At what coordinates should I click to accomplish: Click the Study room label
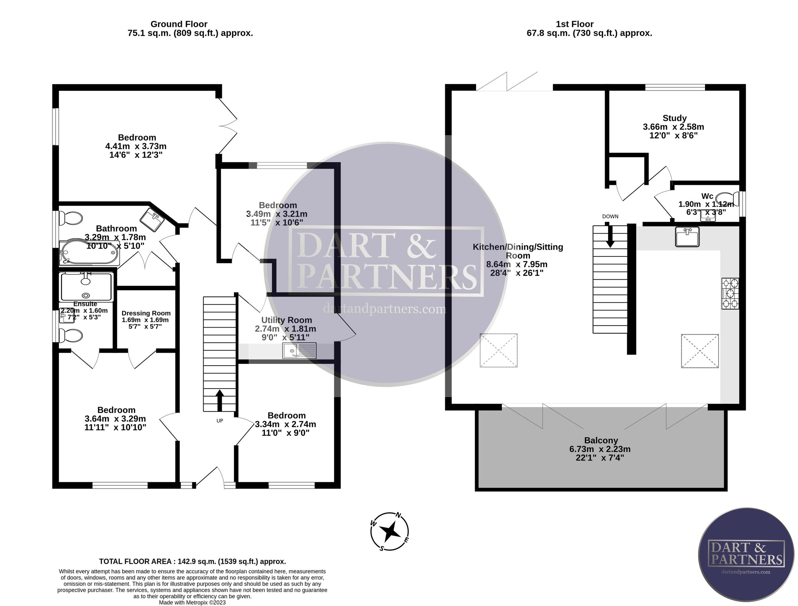674,118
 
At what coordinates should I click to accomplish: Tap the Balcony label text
601,440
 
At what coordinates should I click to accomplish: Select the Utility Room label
287,320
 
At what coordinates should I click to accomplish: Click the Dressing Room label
146,313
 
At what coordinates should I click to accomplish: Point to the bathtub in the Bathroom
90,252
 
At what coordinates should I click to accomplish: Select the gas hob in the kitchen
730,293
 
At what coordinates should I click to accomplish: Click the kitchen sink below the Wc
687,237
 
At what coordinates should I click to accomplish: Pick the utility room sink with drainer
299,350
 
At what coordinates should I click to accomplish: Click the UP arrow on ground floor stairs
220,400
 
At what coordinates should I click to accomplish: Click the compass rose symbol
390,531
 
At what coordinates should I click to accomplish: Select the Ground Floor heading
179,24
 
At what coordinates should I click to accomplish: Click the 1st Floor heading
575,24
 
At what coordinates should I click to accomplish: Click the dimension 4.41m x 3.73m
136,146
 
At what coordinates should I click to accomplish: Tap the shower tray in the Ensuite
86,287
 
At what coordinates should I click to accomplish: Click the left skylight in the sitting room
499,350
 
